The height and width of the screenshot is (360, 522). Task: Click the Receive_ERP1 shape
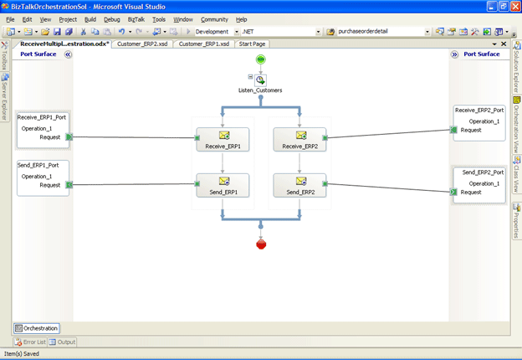click(223, 140)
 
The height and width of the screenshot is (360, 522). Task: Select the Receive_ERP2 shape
click(299, 140)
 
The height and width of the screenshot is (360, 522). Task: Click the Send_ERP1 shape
click(223, 186)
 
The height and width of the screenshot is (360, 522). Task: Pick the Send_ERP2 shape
click(299, 186)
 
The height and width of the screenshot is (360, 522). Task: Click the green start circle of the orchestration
click(261, 59)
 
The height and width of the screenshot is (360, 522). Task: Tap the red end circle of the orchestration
click(261, 244)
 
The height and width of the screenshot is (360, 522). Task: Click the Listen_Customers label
click(260, 90)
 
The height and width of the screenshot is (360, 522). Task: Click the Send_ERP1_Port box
click(43, 177)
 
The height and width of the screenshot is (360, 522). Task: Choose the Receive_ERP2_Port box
click(479, 122)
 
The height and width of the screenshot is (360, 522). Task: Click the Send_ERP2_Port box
click(479, 184)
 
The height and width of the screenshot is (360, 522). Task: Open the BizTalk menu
click(136, 18)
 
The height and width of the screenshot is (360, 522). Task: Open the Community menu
click(214, 18)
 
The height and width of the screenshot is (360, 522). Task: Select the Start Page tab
click(253, 44)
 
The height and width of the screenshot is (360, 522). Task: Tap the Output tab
click(63, 342)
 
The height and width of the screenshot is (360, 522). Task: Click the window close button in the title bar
click(512, 6)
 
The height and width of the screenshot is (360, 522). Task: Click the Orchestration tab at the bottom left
click(37, 328)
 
